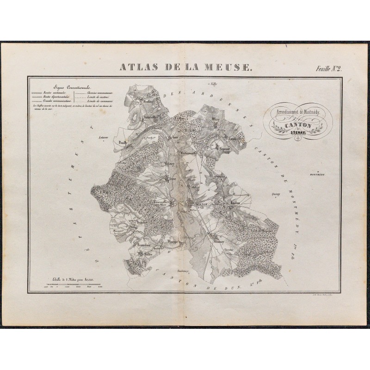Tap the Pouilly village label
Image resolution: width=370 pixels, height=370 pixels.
[123, 143]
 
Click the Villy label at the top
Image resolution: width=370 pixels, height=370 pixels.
[214, 85]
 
